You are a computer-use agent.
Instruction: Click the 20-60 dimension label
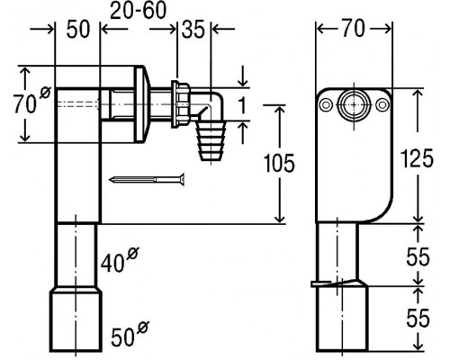[138, 11]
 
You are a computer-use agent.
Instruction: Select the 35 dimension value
[193, 30]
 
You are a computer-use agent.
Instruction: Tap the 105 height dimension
[279, 164]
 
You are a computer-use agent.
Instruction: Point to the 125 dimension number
[417, 158]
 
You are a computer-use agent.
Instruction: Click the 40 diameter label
[119, 260]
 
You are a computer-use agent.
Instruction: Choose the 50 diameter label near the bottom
[130, 333]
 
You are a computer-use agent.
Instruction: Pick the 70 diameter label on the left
[32, 101]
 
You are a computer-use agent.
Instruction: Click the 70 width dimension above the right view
[354, 29]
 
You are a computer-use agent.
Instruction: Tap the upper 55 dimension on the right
[418, 257]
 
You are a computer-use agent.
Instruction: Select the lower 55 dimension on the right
[418, 318]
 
